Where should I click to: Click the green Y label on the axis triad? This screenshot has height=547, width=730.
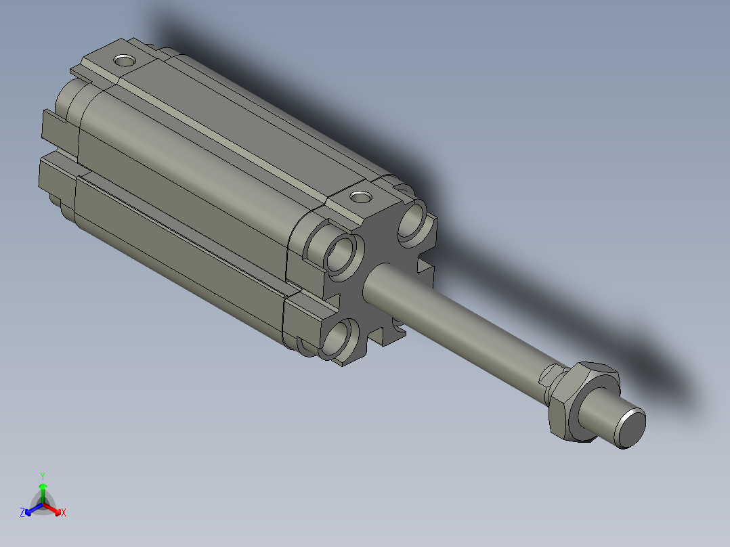pos(43,475)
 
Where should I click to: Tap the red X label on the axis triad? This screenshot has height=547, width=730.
pos(64,513)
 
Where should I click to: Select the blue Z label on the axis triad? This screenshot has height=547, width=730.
pos(22,513)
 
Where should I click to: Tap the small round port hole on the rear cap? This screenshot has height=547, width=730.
pos(124,61)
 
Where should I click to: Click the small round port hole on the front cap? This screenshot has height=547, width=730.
pos(360,198)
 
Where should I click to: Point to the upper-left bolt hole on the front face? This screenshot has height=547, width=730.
pos(343,255)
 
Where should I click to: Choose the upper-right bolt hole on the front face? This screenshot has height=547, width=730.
pos(413,222)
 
